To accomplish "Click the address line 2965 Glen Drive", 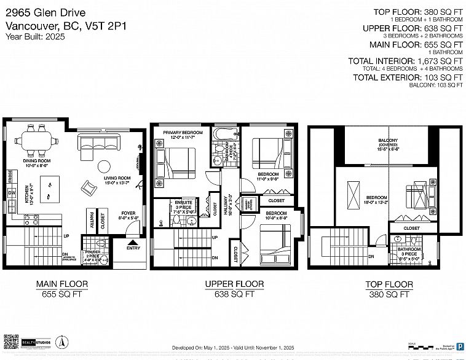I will tap(45, 13).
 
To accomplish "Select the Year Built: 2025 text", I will tap(34, 36).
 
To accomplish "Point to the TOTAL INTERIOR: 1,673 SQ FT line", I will tap(405, 61).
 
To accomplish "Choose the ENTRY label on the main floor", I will tap(133, 248).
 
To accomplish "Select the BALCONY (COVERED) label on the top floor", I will tap(387, 144).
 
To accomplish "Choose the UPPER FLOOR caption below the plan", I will tap(235, 284).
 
